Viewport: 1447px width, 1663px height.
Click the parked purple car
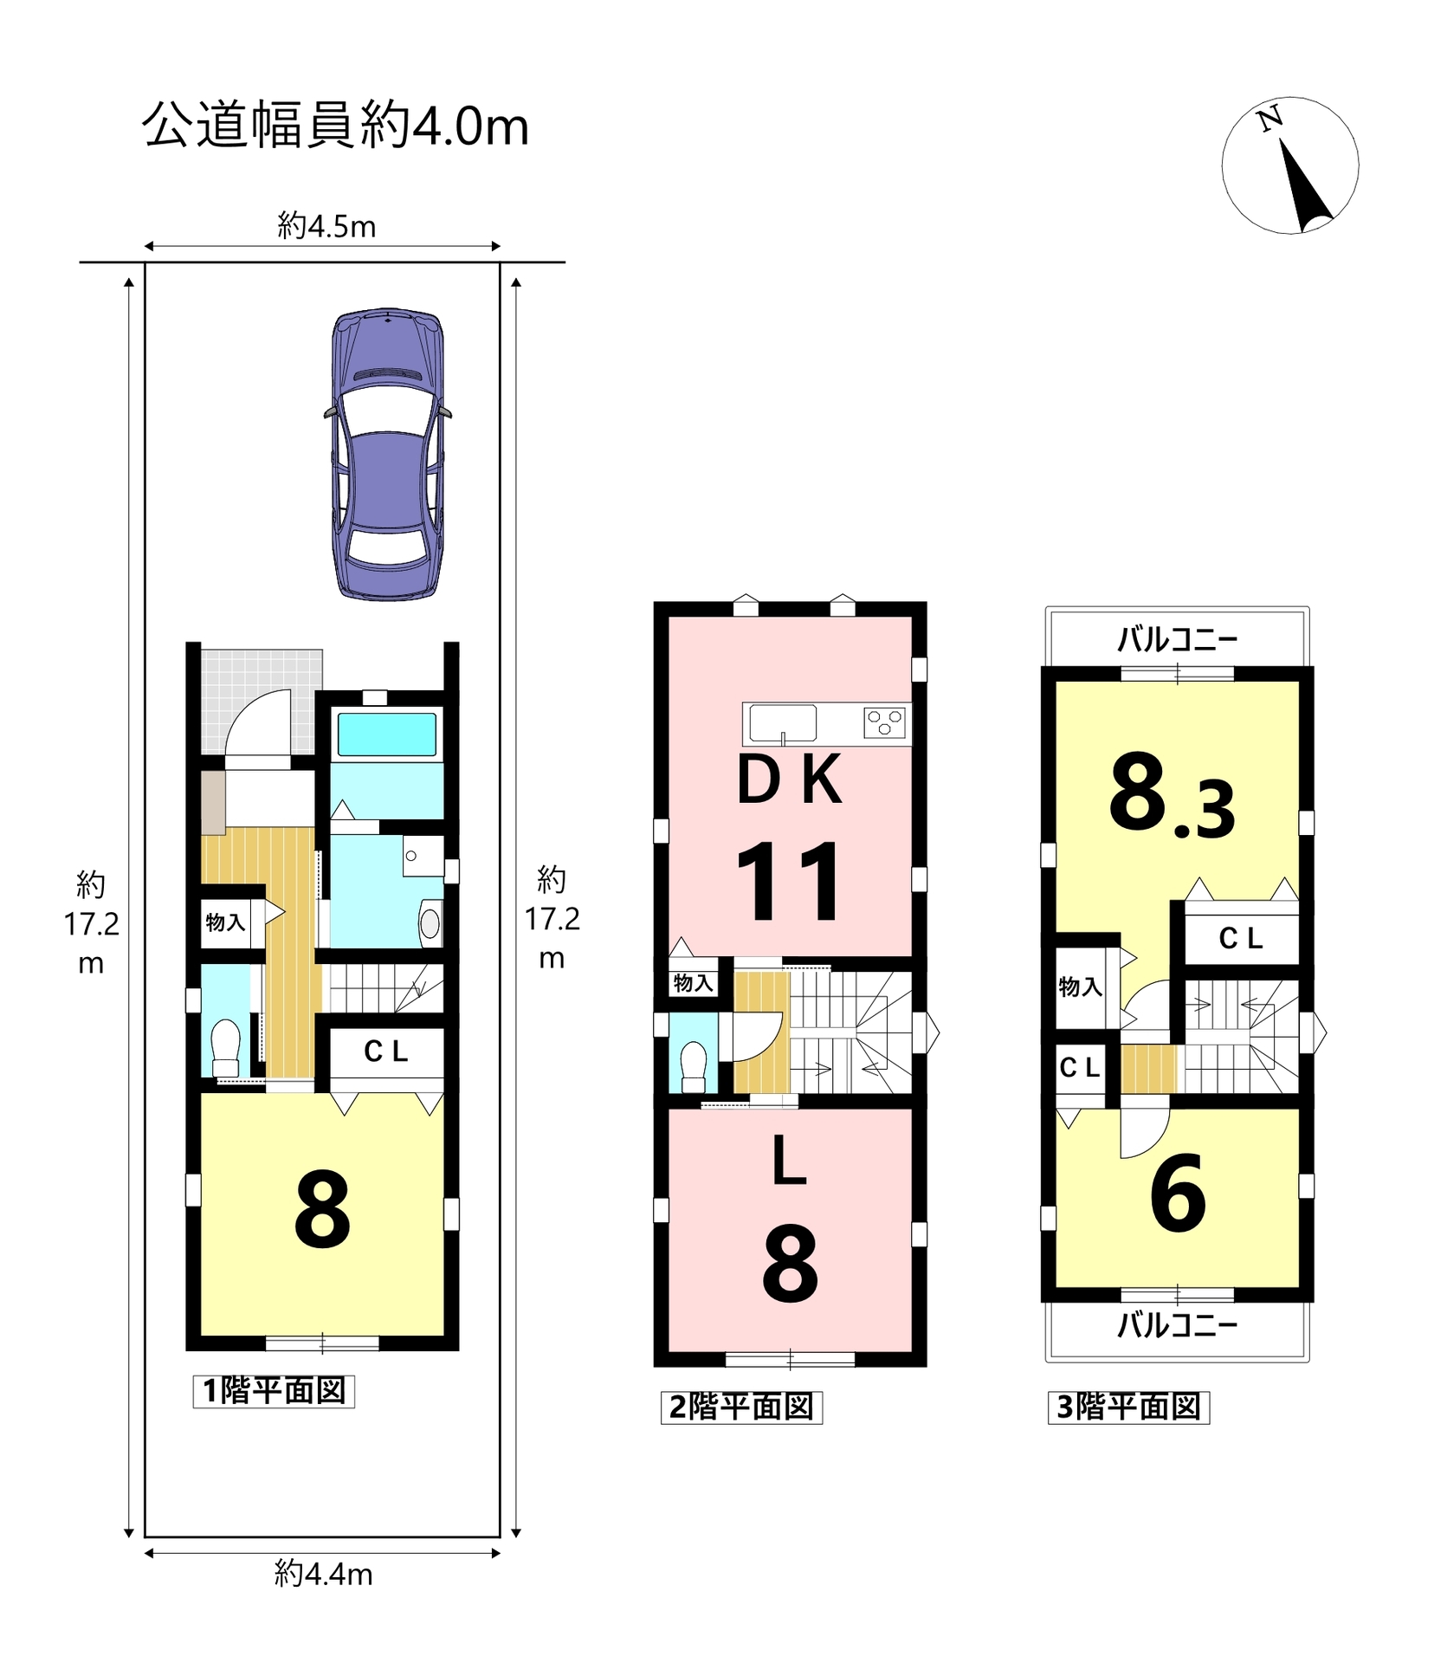click(x=388, y=453)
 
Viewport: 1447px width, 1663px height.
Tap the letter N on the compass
click(x=1270, y=119)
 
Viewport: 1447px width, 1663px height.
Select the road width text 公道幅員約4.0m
click(x=335, y=125)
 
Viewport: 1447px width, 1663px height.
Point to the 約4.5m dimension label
click(x=326, y=226)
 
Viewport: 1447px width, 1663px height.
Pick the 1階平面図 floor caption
click(x=274, y=1390)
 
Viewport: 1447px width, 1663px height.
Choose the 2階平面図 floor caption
click(x=741, y=1407)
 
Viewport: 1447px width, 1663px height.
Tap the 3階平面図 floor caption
click(x=1128, y=1407)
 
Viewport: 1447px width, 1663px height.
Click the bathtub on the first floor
click(x=386, y=734)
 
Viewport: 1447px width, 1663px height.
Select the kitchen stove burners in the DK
click(x=885, y=721)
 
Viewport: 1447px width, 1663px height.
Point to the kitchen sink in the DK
click(x=783, y=723)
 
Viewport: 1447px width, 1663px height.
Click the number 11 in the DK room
click(x=788, y=881)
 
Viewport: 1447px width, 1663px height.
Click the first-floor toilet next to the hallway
click(x=226, y=1047)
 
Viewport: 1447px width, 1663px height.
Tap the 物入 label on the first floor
click(x=225, y=922)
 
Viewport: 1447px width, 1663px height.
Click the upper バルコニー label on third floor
click(x=1177, y=639)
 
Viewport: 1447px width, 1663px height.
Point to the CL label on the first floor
click(x=385, y=1051)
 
